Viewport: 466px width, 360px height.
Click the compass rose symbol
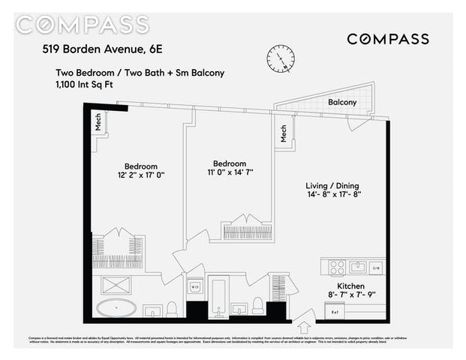pyautogui.click(x=281, y=58)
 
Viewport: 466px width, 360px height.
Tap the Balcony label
pyautogui.click(x=341, y=102)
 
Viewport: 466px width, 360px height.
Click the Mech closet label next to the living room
pyautogui.click(x=284, y=133)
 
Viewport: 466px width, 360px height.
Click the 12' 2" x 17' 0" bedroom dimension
pyautogui.click(x=140, y=175)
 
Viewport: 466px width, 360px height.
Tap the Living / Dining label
pyautogui.click(x=333, y=186)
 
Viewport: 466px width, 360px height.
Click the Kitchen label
pyautogui.click(x=350, y=286)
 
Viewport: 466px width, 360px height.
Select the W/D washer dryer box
pyautogui.click(x=194, y=286)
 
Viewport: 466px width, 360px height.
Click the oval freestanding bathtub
pyautogui.click(x=116, y=308)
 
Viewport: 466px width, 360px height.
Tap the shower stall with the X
pyautogui.click(x=116, y=285)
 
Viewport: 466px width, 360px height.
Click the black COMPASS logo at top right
pyautogui.click(x=387, y=39)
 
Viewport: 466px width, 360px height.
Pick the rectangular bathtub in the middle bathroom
pyautogui.click(x=218, y=296)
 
